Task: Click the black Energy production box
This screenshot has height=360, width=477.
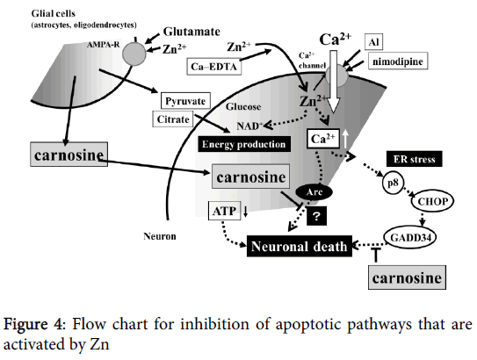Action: click(x=244, y=143)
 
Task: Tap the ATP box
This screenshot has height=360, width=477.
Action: click(x=221, y=210)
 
